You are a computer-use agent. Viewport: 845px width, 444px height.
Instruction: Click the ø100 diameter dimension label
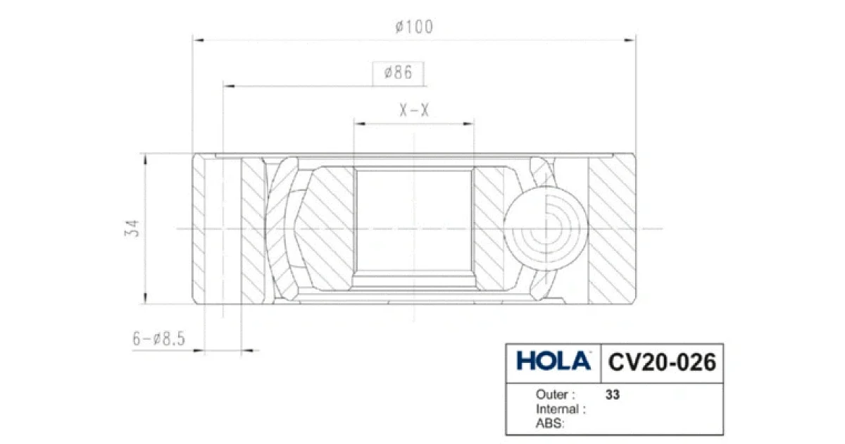click(414, 27)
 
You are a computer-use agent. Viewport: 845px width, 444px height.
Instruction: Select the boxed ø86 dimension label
click(399, 73)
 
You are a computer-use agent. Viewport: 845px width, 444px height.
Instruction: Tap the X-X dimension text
click(414, 111)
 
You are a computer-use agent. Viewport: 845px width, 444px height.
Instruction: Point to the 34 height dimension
click(132, 228)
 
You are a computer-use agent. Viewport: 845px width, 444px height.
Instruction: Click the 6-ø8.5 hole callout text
click(159, 339)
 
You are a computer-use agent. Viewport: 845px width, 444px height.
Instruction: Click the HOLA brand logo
click(553, 361)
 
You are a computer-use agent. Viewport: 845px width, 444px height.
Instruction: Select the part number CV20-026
click(662, 362)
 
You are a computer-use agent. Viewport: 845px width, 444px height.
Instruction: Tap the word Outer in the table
click(552, 395)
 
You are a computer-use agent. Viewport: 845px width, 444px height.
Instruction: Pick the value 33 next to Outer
click(613, 395)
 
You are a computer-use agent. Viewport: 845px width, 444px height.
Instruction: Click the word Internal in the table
click(558, 409)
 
